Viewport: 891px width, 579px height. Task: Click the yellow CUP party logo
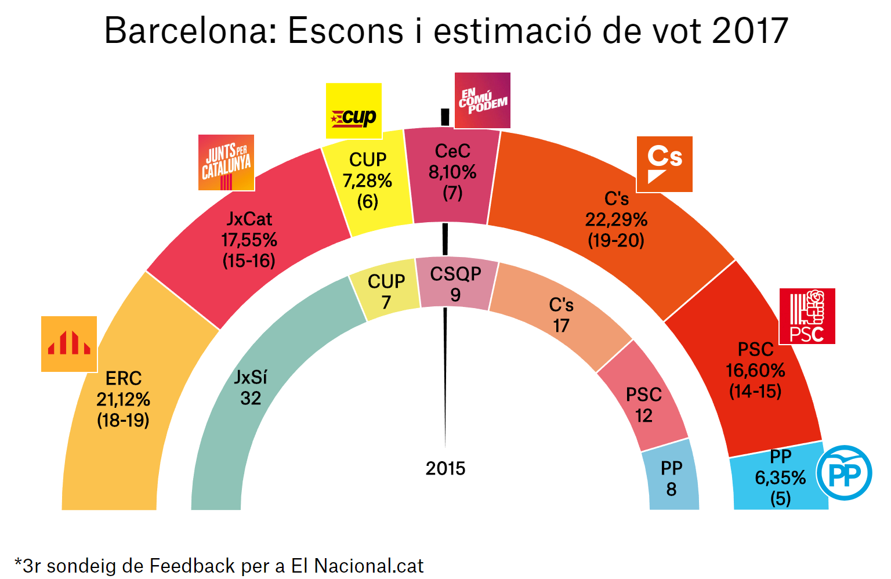[353, 111]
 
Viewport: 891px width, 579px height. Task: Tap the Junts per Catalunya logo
[226, 163]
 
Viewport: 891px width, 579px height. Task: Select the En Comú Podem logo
[482, 100]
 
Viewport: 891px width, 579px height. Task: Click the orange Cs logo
[665, 164]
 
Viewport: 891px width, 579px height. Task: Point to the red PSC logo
[807, 316]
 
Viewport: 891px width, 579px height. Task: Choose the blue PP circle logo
[844, 473]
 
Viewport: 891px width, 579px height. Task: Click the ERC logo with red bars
[69, 344]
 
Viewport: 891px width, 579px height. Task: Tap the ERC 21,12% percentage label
[124, 399]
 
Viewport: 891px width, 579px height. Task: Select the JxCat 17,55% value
[249, 240]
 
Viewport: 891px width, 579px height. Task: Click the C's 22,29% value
[616, 219]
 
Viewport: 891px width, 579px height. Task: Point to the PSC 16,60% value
[755, 370]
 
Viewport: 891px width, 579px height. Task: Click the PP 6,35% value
[780, 477]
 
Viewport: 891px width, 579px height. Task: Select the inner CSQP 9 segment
[456, 284]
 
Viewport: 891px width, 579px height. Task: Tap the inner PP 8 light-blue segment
[672, 478]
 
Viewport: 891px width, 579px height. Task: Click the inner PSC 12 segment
[644, 404]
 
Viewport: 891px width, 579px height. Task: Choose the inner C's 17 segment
[561, 315]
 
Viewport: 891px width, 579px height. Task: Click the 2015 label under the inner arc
[445, 468]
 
